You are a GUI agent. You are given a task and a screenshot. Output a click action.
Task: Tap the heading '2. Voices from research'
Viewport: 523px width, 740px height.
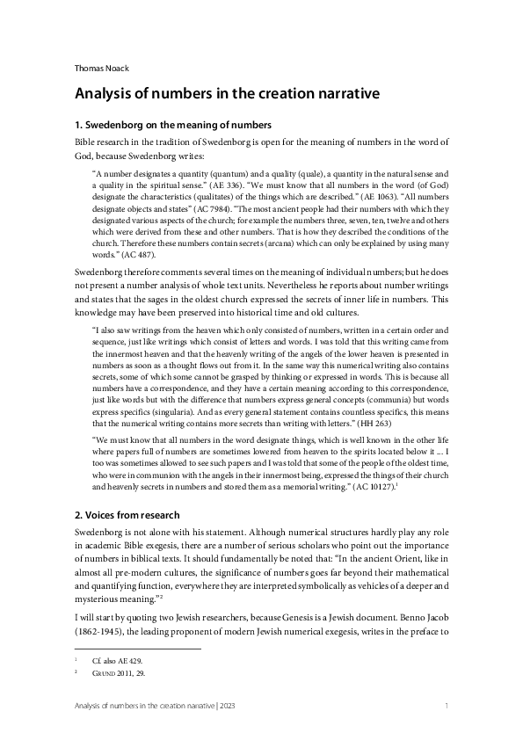point(129,514)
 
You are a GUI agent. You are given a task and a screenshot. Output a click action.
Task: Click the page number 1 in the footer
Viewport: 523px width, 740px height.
point(447,706)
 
